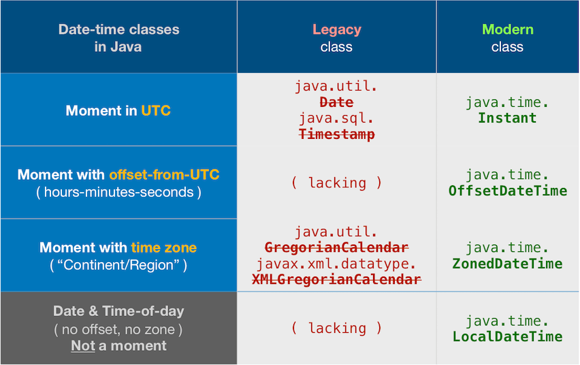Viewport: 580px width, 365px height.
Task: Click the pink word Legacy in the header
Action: click(336, 29)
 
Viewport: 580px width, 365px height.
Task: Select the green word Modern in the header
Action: click(507, 29)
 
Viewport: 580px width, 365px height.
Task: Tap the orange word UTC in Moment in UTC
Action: click(156, 110)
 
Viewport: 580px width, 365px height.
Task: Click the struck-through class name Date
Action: click(336, 102)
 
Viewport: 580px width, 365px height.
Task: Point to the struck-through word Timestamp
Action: click(336, 134)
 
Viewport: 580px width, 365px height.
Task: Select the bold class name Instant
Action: click(507, 118)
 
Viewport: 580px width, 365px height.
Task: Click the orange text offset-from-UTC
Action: click(164, 175)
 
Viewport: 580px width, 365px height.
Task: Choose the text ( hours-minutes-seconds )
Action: click(118, 192)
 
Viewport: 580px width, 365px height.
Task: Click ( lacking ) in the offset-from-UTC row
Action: click(336, 182)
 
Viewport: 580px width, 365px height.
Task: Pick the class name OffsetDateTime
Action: click(507, 191)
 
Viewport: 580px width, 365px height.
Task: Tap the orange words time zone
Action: click(163, 248)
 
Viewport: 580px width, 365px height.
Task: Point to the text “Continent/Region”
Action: click(118, 265)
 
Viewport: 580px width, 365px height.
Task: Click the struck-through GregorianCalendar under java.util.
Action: click(336, 247)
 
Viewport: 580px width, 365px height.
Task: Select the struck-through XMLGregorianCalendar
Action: click(336, 279)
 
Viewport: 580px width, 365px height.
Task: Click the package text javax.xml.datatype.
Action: click(336, 264)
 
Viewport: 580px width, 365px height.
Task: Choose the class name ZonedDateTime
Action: click(507, 264)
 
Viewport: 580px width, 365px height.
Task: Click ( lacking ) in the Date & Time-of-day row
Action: click(336, 328)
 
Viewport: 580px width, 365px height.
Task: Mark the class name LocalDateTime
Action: click(507, 336)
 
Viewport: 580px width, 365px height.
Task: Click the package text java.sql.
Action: click(336, 118)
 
